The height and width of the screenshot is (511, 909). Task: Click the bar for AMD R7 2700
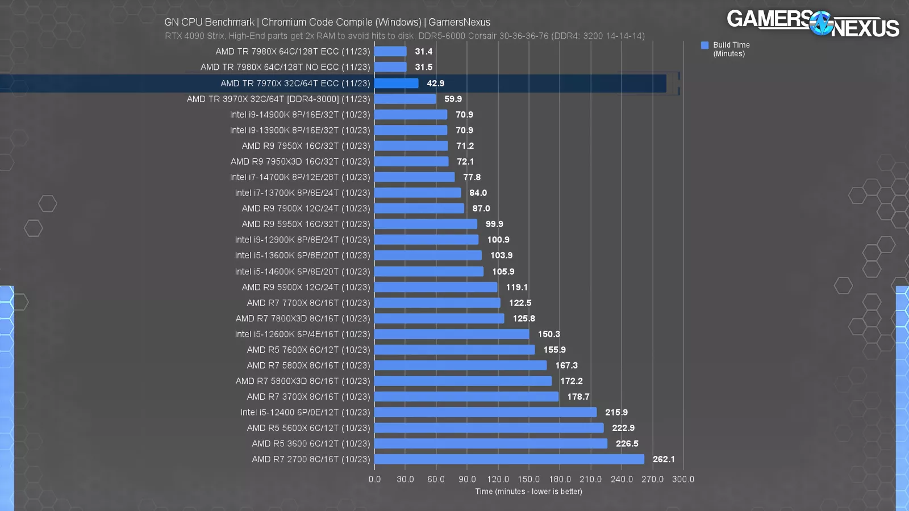click(509, 459)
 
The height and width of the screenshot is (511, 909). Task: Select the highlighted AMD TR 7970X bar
click(396, 83)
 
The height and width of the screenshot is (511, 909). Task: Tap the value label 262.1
click(664, 459)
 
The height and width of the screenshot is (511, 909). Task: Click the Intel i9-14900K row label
click(299, 115)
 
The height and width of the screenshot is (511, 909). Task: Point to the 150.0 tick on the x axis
click(528, 479)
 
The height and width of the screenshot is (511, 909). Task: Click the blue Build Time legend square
click(704, 45)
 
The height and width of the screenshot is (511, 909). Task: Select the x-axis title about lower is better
click(528, 492)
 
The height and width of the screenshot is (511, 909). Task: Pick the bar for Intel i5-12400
click(485, 412)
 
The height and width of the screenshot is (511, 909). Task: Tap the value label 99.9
click(494, 224)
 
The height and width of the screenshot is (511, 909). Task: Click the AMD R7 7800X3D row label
click(302, 319)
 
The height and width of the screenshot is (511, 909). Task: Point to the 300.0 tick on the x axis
click(683, 479)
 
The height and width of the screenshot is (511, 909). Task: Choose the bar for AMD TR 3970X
click(405, 99)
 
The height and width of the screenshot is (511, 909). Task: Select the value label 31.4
click(423, 51)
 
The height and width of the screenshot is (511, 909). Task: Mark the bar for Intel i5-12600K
click(452, 334)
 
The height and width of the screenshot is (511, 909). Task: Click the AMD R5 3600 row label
click(310, 443)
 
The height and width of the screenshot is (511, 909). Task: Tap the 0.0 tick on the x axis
click(374, 479)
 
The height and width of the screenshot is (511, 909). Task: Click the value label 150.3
click(549, 334)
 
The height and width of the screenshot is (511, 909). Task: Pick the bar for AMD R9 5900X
click(436, 287)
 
